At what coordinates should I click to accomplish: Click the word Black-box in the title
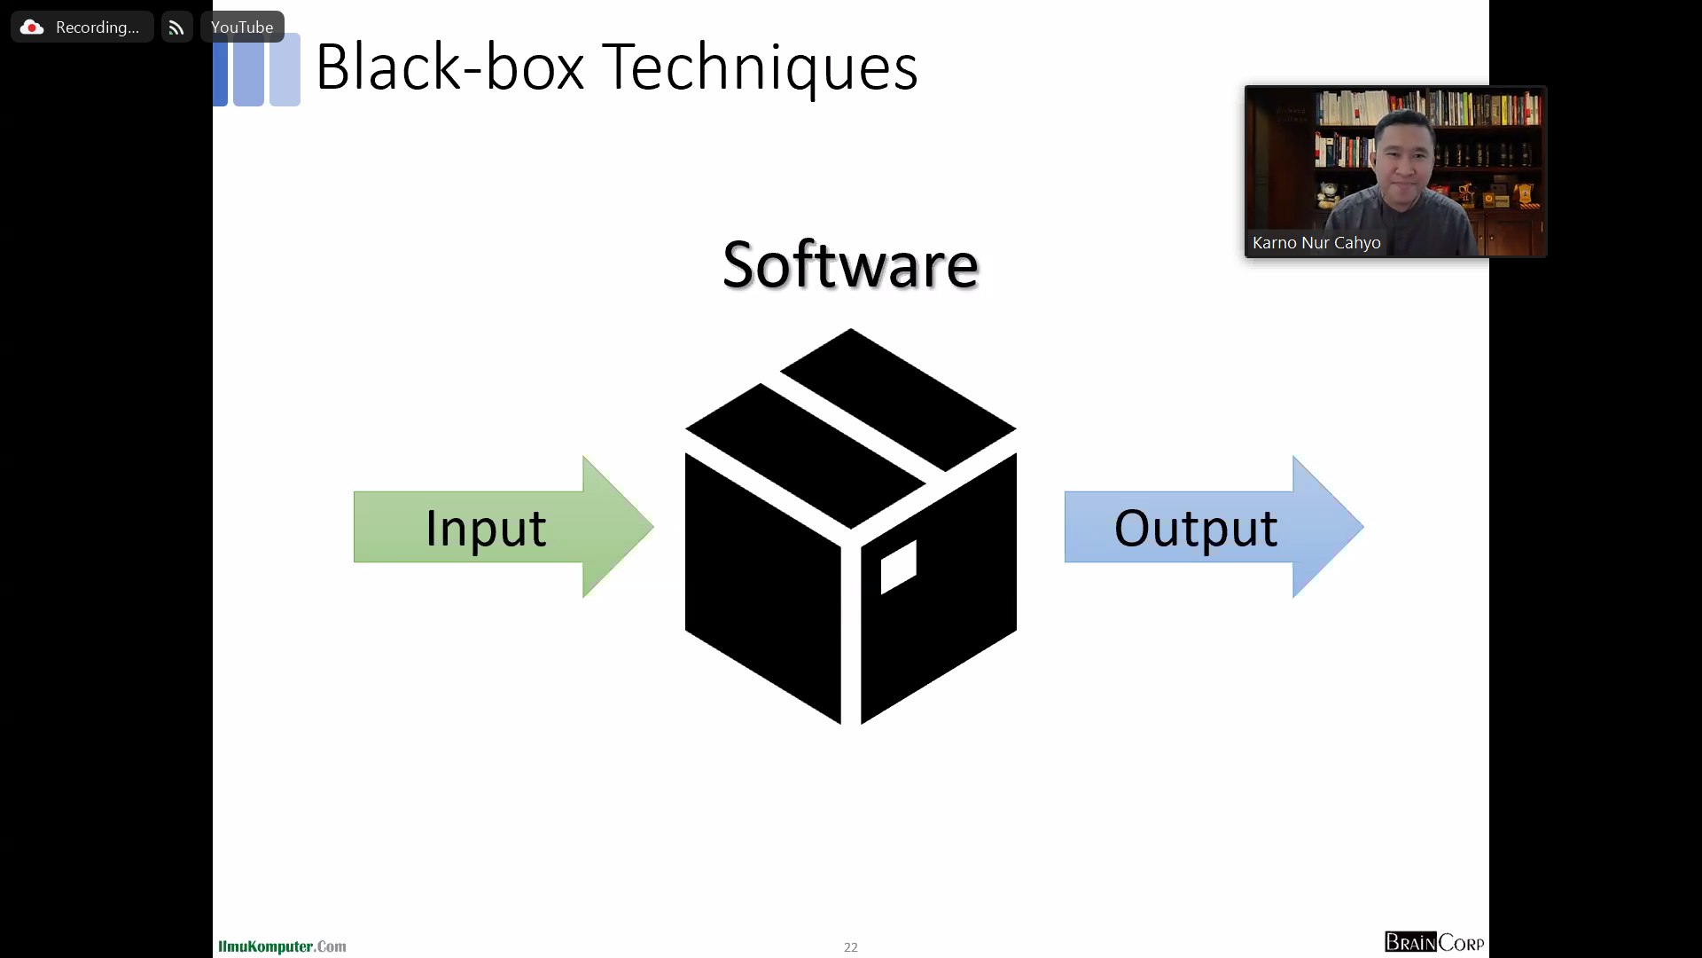449,67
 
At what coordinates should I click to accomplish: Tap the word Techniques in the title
760,67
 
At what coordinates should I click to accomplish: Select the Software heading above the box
850,264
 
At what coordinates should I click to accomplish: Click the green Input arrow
503,527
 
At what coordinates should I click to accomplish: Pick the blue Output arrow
1213,527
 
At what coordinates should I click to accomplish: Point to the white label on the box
898,566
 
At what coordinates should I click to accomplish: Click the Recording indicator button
82,27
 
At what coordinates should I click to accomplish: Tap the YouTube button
242,27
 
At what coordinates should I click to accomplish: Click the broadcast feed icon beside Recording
176,27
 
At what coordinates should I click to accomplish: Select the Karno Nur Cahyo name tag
1316,242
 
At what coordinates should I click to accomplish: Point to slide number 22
850,946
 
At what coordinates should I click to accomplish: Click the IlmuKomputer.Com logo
282,946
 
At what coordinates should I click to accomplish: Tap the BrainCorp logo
1433,942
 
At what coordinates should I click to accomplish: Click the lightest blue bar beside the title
285,71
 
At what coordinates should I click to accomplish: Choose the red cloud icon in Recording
32,27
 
